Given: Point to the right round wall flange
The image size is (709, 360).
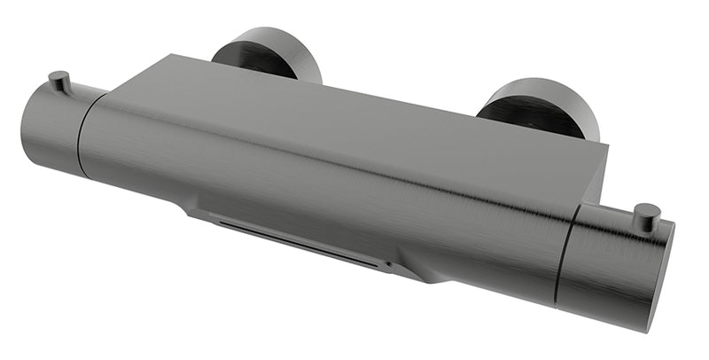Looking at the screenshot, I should click(x=541, y=106).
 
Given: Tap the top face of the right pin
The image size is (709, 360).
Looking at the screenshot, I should click(x=648, y=209).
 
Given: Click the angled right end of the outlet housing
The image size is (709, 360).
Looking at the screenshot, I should click(x=425, y=270).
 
